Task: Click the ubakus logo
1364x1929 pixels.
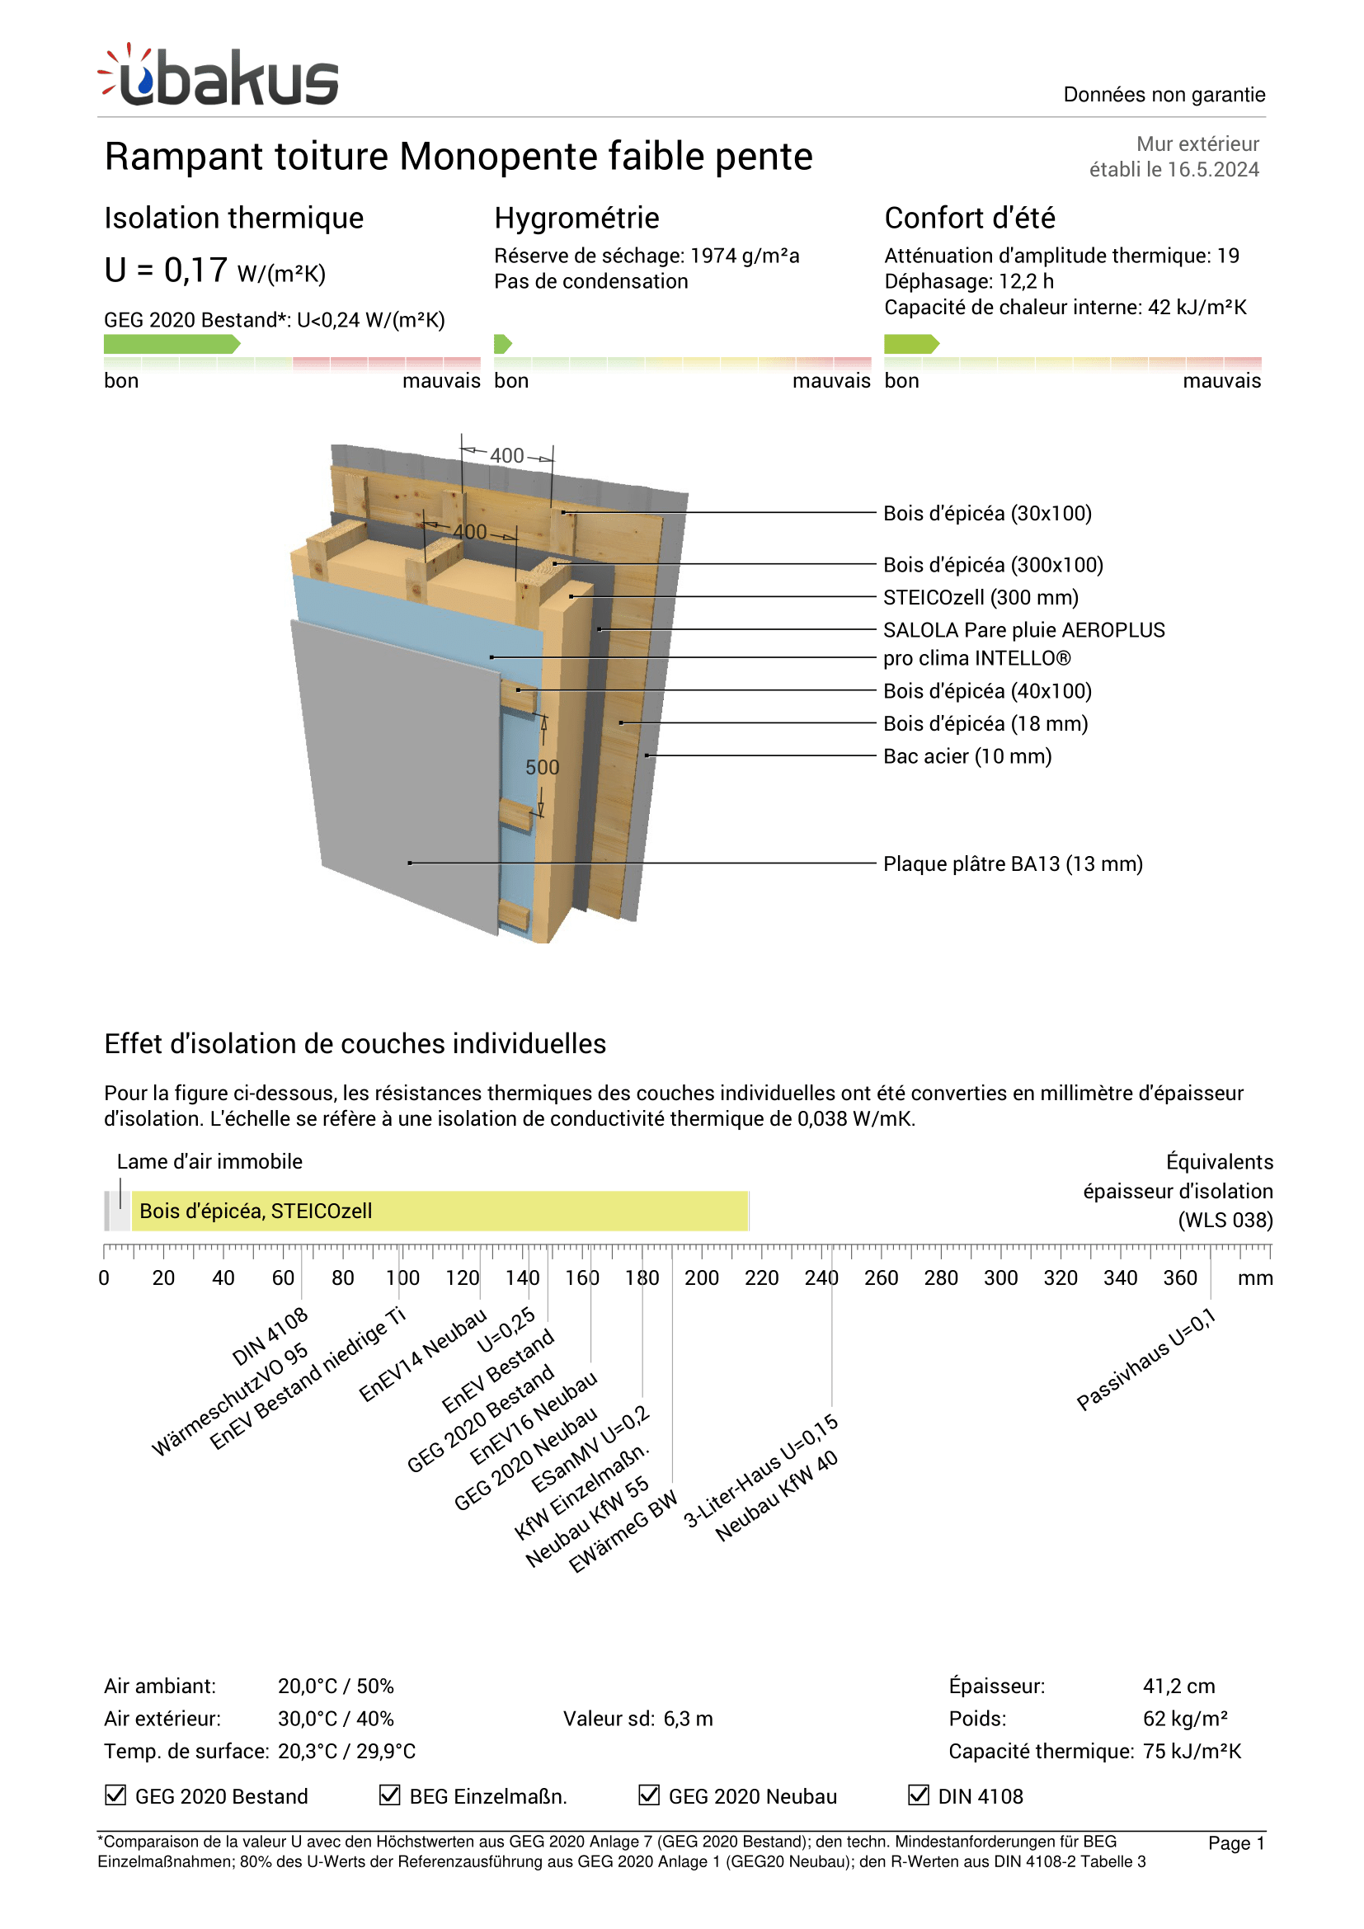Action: pos(219,77)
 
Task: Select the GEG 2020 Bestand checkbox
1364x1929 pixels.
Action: pos(115,1795)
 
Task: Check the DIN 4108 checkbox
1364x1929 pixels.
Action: pos(918,1795)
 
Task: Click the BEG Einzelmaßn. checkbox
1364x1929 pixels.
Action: pos(389,1795)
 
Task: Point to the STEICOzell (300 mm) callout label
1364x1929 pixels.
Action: pos(981,597)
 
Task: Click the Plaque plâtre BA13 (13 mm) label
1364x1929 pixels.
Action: pos(1012,863)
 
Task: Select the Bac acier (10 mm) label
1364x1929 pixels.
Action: pos(967,756)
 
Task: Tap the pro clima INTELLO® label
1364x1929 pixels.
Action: pos(976,658)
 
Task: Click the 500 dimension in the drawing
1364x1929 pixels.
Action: pos(542,767)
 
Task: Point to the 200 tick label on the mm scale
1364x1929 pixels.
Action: pos(701,1277)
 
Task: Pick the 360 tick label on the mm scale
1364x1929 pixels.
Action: pos(1179,1277)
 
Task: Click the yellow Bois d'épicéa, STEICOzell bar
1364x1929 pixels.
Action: pos(440,1211)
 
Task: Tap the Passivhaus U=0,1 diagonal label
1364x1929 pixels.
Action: pos(1146,1358)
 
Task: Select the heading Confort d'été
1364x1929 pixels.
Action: pos(969,218)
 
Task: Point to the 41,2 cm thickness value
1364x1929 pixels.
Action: pos(1178,1687)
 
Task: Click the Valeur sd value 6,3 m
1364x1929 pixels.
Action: pos(687,1719)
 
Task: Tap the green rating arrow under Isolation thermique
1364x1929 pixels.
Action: pos(172,344)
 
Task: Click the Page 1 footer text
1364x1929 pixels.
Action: pos(1235,1843)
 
